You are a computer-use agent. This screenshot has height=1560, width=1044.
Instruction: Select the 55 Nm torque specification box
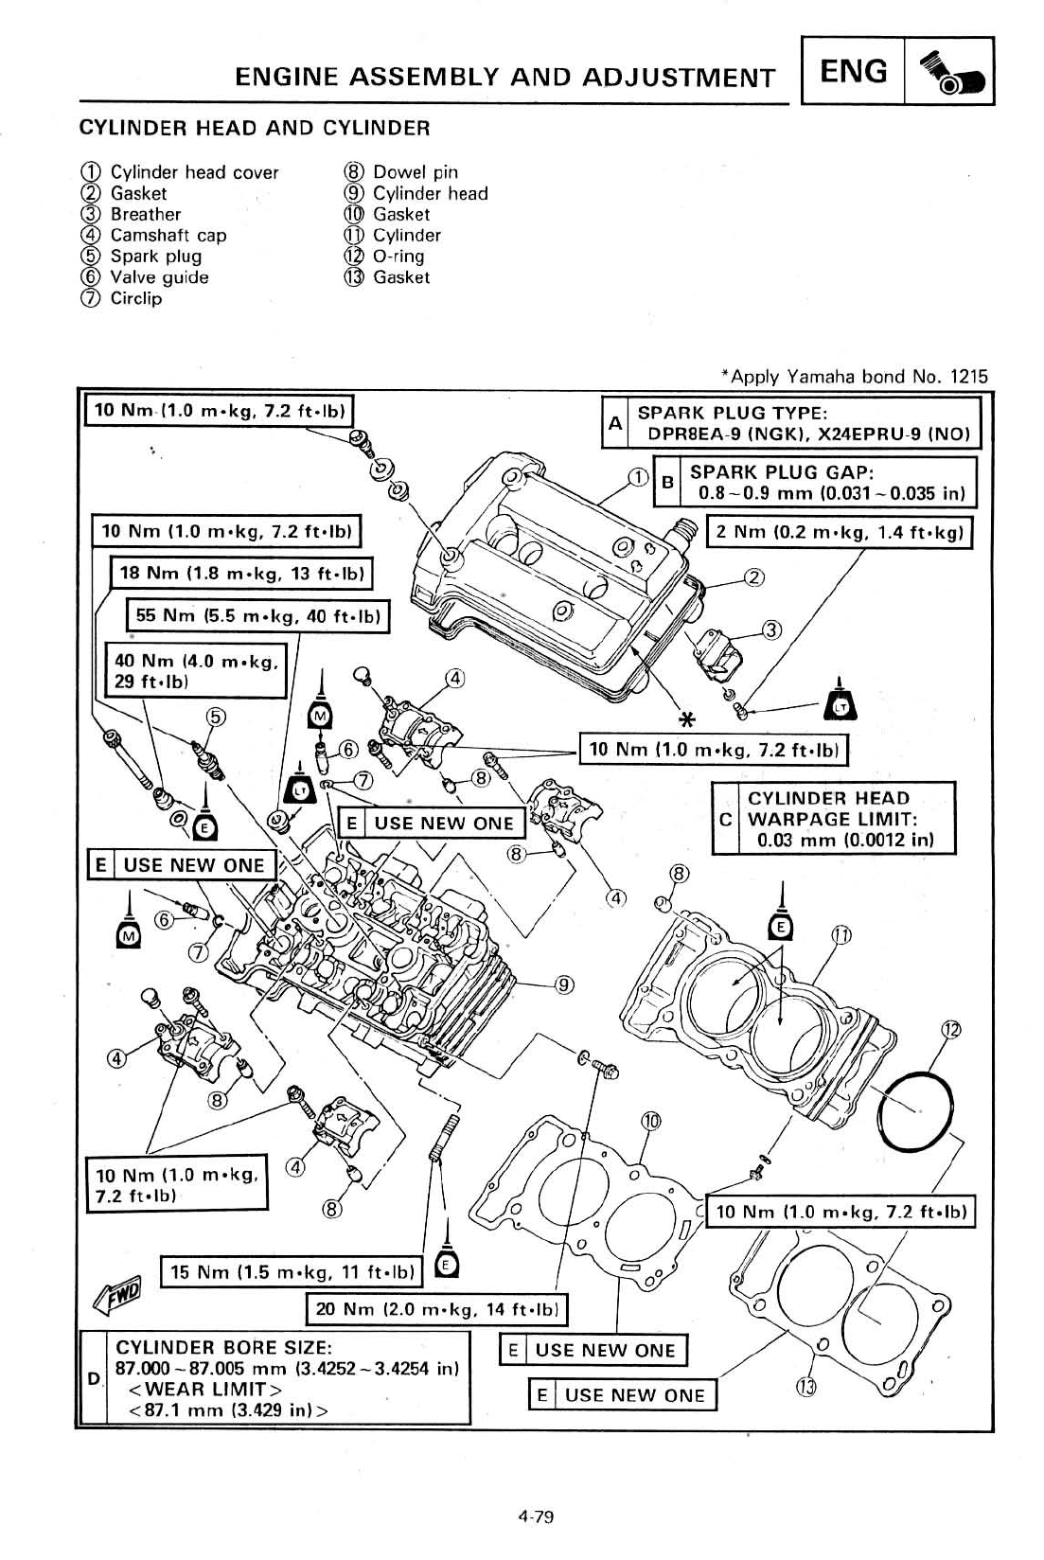click(257, 615)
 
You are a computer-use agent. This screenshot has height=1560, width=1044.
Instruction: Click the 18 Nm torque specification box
click(241, 573)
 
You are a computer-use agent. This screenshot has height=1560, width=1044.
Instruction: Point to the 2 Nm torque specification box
click(840, 532)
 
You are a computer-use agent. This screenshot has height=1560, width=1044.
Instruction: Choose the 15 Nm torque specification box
click(292, 1272)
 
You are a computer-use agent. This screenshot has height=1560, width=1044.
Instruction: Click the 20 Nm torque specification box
click(437, 1308)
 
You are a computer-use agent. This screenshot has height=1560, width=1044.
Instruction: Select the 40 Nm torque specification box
click(196, 670)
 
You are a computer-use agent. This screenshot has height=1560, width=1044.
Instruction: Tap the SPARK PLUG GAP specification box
click(815, 482)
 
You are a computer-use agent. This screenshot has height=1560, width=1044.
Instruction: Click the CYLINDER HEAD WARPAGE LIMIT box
click(834, 818)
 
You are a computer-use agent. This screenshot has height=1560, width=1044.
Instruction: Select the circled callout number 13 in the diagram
click(805, 1388)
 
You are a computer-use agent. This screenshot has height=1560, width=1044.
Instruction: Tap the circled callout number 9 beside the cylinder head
click(564, 984)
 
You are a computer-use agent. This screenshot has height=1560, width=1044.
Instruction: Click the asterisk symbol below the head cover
click(687, 719)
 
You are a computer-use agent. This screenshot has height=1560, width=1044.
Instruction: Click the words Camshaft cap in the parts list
click(168, 236)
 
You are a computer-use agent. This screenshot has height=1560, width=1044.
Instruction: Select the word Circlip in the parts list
click(136, 298)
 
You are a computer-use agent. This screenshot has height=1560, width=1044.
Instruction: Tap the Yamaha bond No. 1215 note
click(855, 377)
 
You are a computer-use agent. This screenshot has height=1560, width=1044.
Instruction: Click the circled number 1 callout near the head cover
click(638, 477)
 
